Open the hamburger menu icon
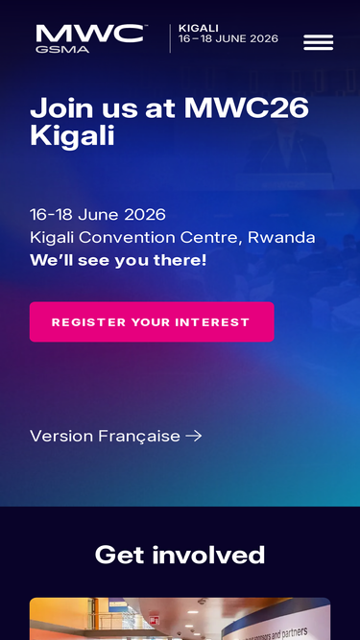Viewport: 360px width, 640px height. (x=318, y=42)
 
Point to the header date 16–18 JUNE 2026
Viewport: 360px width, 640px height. (x=228, y=39)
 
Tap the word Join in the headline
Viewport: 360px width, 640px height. (x=60, y=107)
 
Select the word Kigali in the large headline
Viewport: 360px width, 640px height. (x=72, y=135)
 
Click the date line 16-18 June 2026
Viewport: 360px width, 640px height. (x=98, y=214)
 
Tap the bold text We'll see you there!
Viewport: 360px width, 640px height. (x=118, y=260)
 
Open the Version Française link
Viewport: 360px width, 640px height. (x=106, y=436)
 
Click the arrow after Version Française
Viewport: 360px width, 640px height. (x=194, y=436)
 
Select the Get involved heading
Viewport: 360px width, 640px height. (x=180, y=555)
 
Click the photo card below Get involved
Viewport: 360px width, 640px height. (x=180, y=619)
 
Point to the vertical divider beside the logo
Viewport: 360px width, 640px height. (x=170, y=38)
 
